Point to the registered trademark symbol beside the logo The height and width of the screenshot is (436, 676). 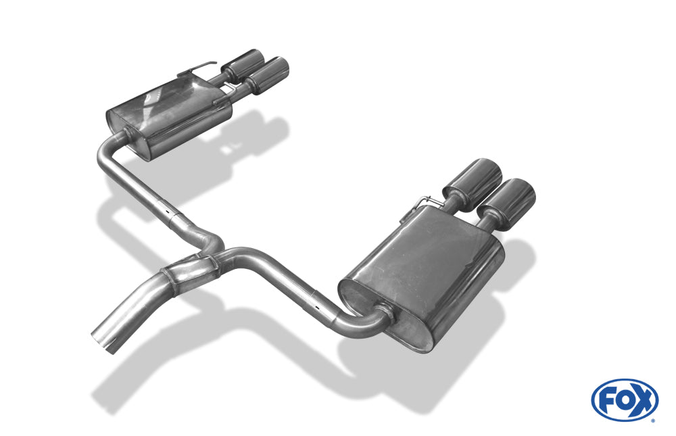point(652,420)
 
